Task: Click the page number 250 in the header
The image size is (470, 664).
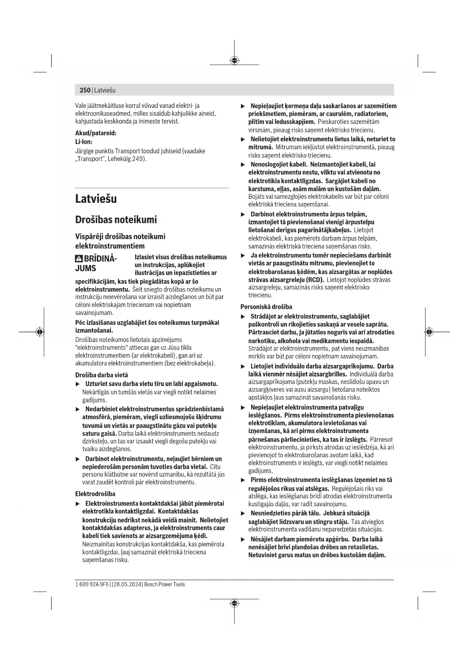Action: [85, 90]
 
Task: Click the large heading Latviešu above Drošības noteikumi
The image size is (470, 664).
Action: [96, 199]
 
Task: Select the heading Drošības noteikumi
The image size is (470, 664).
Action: [116, 220]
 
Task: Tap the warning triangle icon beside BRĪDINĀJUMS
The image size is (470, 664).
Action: [79, 259]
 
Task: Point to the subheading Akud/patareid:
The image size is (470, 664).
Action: [96, 133]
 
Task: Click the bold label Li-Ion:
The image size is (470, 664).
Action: [84, 142]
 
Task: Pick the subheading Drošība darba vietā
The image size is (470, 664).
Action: [101, 375]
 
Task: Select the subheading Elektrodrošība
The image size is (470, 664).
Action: [95, 494]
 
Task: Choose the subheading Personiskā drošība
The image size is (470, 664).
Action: [266, 307]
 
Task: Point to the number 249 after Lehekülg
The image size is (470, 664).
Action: [138, 159]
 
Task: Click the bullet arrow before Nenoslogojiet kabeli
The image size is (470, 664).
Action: [243, 165]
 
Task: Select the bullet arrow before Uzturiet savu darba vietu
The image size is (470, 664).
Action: [78, 384]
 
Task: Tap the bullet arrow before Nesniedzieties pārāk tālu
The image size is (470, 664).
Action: [243, 514]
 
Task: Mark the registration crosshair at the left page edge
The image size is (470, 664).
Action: [40, 332]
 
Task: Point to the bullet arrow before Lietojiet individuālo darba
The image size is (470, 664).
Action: [243, 366]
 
